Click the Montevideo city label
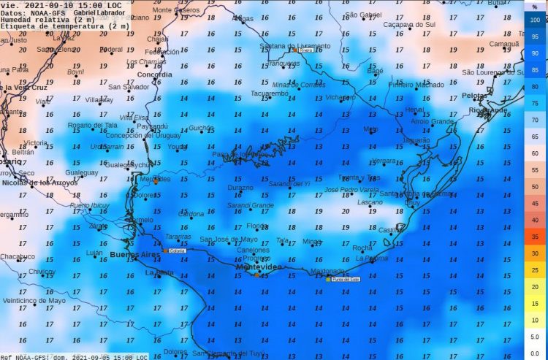[258, 268]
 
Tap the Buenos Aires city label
[134, 255]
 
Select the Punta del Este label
[346, 279]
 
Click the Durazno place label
[240, 188]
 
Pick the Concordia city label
[154, 74]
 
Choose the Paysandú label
[152, 126]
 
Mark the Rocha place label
[362, 248]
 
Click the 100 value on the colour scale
[535, 20]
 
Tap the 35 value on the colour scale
[535, 237]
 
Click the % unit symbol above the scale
[534, 7]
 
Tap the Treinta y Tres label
[359, 178]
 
